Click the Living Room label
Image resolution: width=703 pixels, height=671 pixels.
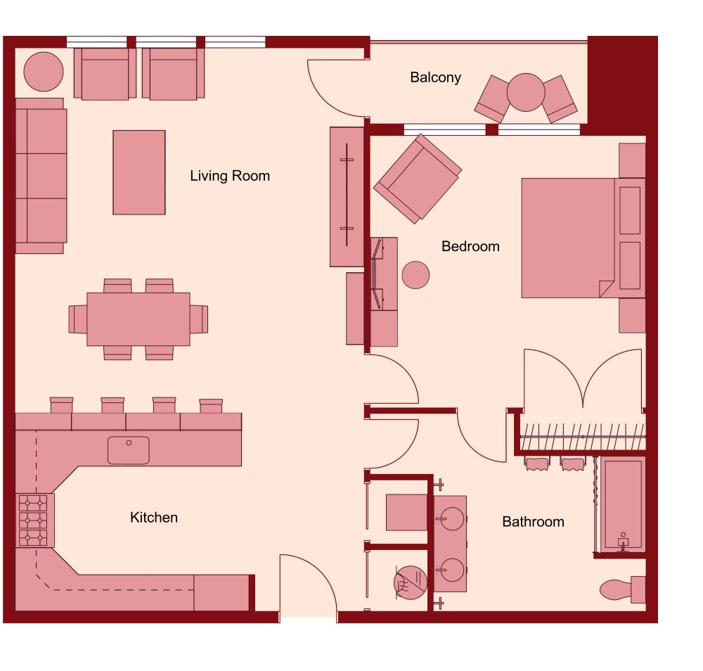tap(230, 176)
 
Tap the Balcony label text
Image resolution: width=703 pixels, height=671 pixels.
tap(435, 77)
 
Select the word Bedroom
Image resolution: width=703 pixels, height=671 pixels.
tap(470, 246)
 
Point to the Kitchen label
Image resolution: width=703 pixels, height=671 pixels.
tap(154, 518)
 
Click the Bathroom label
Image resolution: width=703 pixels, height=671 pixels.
tap(533, 522)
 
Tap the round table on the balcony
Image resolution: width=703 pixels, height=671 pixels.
tap(526, 92)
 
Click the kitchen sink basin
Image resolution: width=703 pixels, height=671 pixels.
tap(129, 450)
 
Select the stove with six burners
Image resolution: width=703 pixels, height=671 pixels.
tap(33, 520)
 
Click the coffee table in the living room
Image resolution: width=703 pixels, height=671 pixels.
tap(139, 172)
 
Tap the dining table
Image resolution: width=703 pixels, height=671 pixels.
tap(138, 319)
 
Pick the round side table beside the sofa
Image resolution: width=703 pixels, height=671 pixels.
tap(44, 71)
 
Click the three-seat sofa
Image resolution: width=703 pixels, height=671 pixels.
tap(41, 176)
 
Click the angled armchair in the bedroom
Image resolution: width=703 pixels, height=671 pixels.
tap(418, 178)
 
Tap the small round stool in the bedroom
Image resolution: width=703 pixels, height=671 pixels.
tap(415, 274)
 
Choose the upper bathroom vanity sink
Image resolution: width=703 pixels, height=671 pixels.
tap(450, 519)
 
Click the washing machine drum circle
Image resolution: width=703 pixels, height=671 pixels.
tap(409, 582)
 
